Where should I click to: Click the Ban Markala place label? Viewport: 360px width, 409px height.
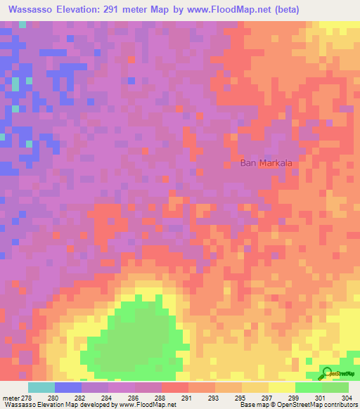pyautogui.click(x=266, y=163)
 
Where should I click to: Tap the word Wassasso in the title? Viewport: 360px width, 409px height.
pyautogui.click(x=32, y=10)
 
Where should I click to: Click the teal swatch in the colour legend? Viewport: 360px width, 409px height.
pyautogui.click(x=41, y=387)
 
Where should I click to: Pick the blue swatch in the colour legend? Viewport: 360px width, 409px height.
pyautogui.click(x=68, y=387)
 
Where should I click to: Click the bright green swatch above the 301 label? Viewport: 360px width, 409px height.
pyautogui.click(x=309, y=387)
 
